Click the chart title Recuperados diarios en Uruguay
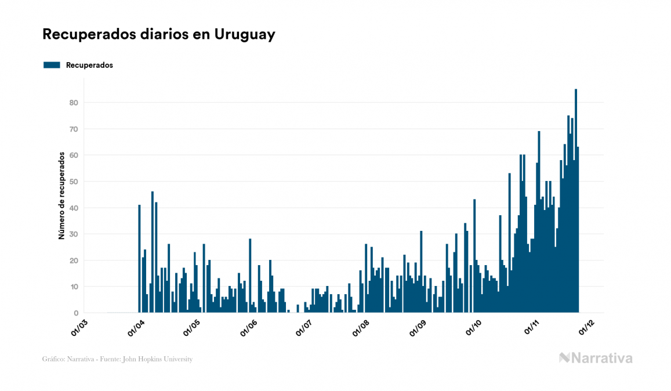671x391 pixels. pyautogui.click(x=158, y=34)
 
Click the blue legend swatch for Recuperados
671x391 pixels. pyautogui.click(x=52, y=65)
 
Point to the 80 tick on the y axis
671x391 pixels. pyautogui.click(x=74, y=103)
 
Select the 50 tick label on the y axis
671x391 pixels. pyautogui.click(x=74, y=182)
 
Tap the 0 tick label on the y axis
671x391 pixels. pyautogui.click(x=76, y=313)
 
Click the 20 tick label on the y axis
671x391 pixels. pyautogui.click(x=74, y=260)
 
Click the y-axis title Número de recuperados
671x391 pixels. pyautogui.click(x=61, y=195)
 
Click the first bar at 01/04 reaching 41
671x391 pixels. pyautogui.click(x=140, y=259)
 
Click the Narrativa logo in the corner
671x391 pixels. pyautogui.click(x=596, y=358)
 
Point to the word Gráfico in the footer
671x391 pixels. pyautogui.click(x=53, y=359)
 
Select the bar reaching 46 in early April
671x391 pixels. pyautogui.click(x=153, y=252)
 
